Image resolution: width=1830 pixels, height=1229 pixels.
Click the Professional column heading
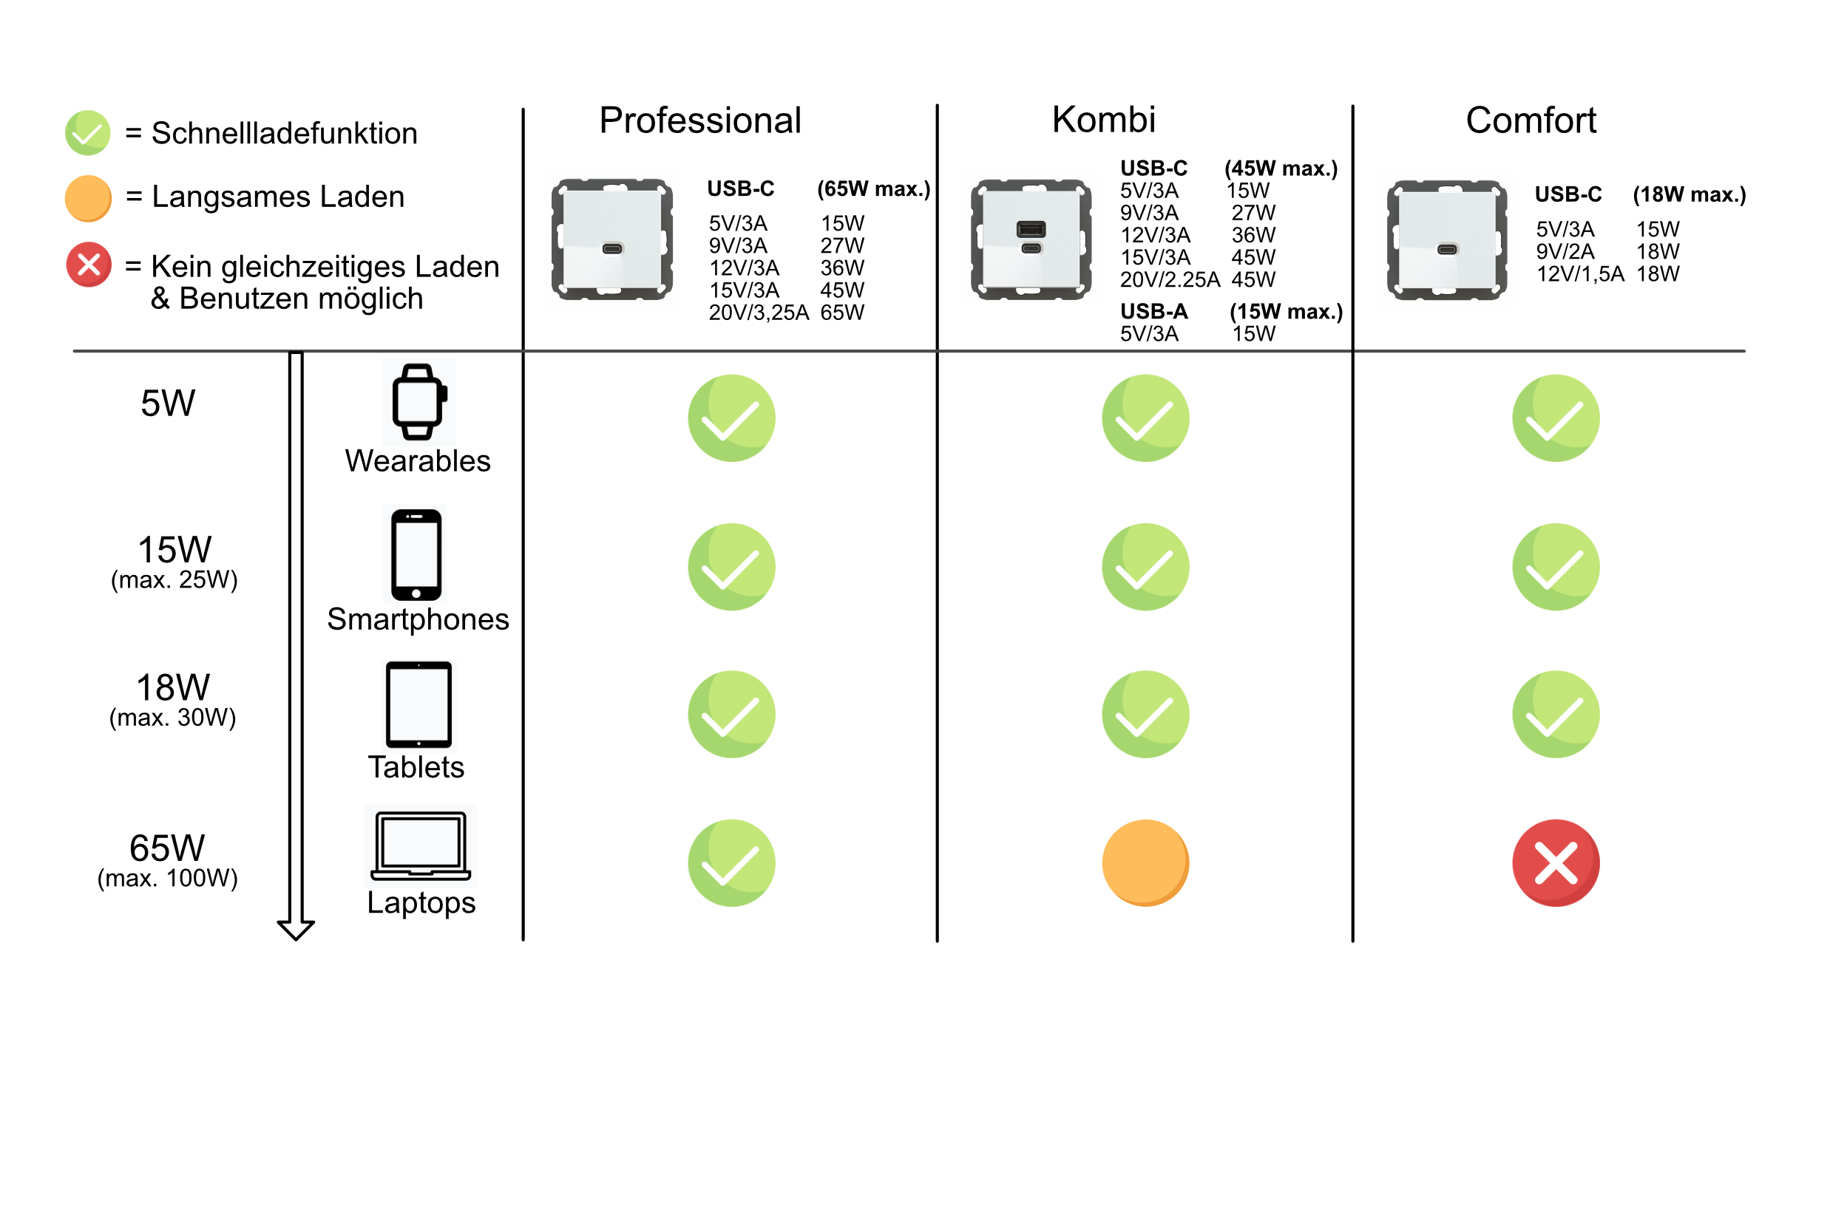699,120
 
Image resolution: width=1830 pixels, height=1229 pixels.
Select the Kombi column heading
1103,120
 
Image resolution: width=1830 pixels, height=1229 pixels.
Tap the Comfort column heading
1531,120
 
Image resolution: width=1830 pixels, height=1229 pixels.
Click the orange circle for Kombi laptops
1145,863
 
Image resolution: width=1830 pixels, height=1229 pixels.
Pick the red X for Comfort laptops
1556,863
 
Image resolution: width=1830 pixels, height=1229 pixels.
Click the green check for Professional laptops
731,863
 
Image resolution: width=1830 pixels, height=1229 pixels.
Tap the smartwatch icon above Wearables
418,402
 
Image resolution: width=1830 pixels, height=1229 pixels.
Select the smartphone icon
416,555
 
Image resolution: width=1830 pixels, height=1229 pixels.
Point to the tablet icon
418,704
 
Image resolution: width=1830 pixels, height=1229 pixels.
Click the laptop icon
421,845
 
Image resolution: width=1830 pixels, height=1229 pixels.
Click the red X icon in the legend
89,264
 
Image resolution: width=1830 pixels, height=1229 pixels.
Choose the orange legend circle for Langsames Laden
88,198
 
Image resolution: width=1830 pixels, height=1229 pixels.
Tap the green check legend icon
88,132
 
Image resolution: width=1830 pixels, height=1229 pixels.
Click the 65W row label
167,848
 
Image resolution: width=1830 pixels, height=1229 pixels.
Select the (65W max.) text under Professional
873,189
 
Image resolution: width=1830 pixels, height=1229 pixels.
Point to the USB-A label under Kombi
1153,311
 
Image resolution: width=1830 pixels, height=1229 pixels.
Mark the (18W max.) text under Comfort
1689,194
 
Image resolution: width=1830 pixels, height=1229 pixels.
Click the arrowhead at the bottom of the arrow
296,931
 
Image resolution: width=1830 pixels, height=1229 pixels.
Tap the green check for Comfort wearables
1556,418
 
